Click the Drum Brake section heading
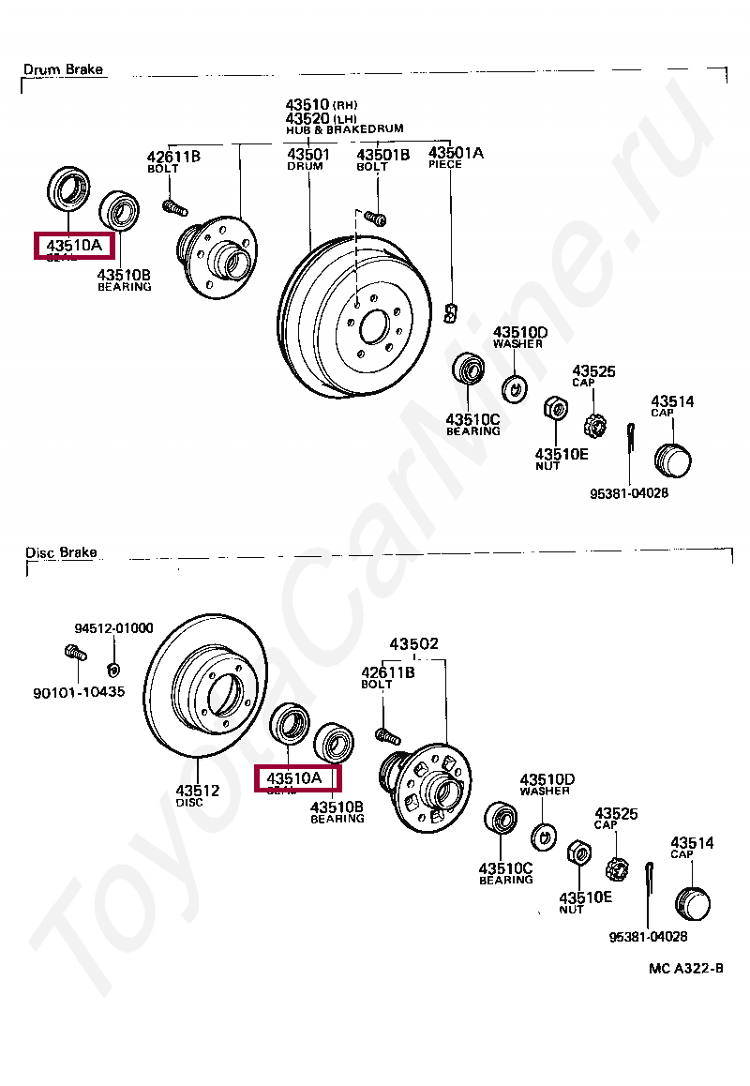point(63,69)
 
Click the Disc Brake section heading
point(61,552)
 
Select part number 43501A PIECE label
point(456,158)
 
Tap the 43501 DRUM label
point(307,158)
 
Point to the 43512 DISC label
point(196,795)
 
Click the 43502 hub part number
point(413,644)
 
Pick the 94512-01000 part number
point(114,628)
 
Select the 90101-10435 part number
point(79,692)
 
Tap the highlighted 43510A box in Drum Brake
point(74,247)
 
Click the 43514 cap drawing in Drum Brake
point(671,460)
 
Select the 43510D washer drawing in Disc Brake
point(544,835)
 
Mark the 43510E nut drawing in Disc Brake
point(578,854)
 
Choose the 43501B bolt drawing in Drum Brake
point(376,219)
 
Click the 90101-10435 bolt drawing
point(73,653)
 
